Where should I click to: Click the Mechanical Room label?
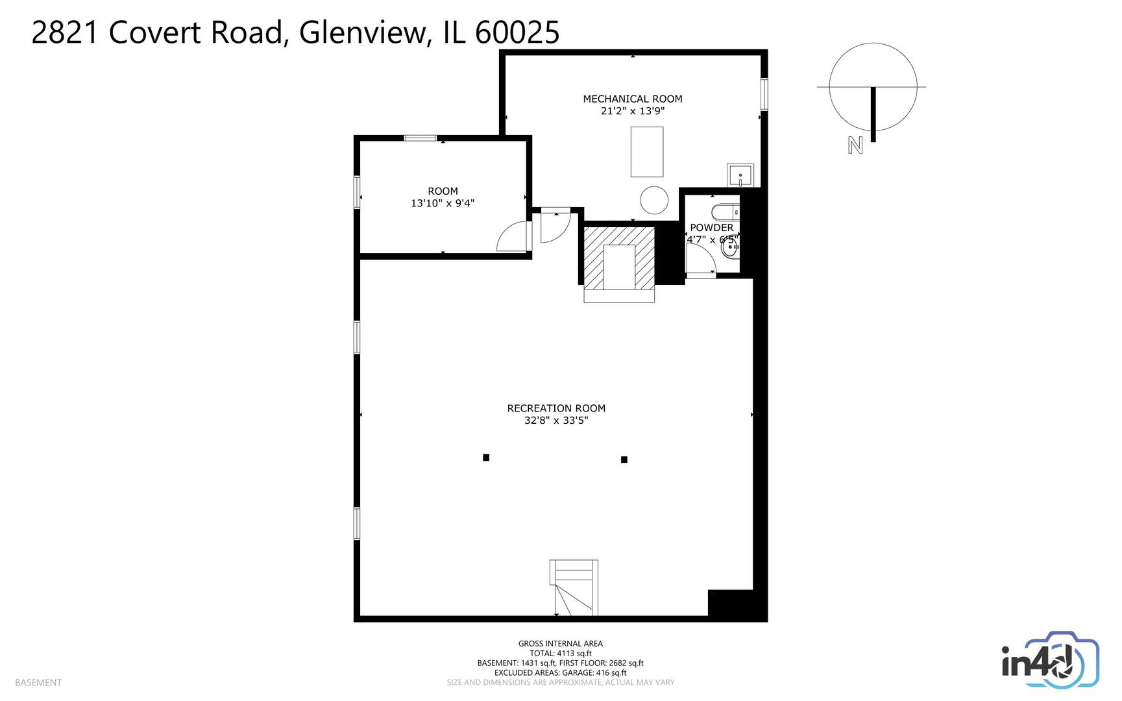[x=633, y=99]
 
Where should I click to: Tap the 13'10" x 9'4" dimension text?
[x=443, y=203]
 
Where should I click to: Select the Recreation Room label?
[x=556, y=408]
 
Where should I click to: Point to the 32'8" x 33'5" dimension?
[x=556, y=420]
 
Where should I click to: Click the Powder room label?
[x=712, y=228]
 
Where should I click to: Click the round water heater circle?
[x=654, y=201]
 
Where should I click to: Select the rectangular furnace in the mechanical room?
[x=647, y=152]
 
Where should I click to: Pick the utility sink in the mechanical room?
[x=740, y=175]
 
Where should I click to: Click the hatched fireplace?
[x=619, y=258]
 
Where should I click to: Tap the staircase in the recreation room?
[x=574, y=588]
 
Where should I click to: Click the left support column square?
[x=486, y=458]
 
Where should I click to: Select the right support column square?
[x=624, y=460]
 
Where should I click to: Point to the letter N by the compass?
[x=855, y=145]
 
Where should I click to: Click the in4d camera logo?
[x=1050, y=659]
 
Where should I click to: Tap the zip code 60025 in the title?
[x=517, y=32]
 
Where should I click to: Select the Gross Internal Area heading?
[x=561, y=644]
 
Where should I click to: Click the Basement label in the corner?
[x=38, y=683]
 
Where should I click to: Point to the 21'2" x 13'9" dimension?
[x=633, y=111]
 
